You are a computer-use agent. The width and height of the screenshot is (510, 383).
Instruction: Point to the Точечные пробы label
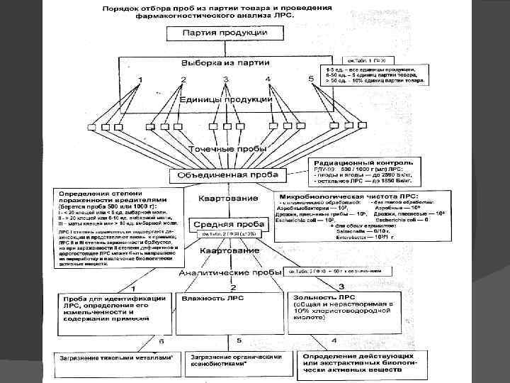[x=227, y=149]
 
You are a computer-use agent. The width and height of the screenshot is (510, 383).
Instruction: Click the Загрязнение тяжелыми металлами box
[x=118, y=360]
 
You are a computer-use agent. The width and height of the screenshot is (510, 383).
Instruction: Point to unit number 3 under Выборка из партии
[x=227, y=79]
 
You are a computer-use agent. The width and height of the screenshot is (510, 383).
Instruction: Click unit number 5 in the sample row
[x=312, y=78]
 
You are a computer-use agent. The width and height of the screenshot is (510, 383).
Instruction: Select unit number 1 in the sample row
[x=140, y=79]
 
